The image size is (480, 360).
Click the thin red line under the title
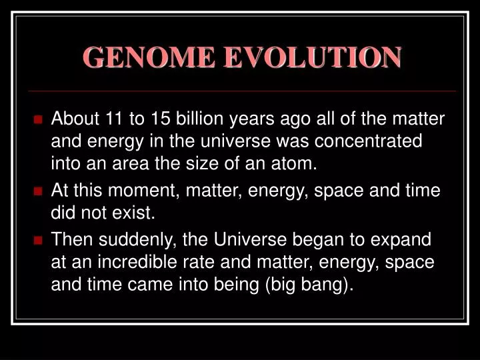pyautogui.click(x=240, y=91)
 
